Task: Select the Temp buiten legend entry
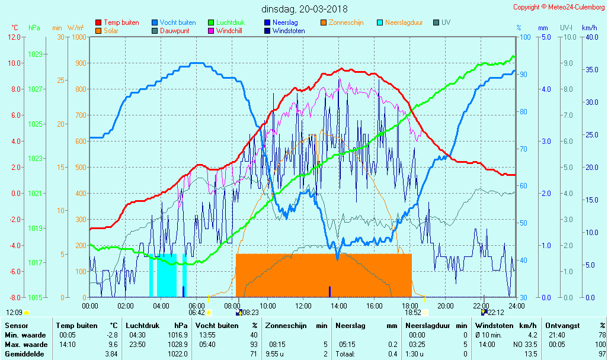tap(121, 22)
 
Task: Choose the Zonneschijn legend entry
tap(346, 22)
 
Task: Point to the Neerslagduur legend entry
tap(404, 22)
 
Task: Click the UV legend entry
tap(446, 22)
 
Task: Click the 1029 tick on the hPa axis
tap(35, 54)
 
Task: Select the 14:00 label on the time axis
tap(339, 306)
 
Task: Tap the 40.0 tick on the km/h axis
tap(590, 37)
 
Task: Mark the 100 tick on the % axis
tap(524, 37)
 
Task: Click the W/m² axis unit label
tap(75, 28)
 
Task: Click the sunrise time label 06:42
tap(197, 312)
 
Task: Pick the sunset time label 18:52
tap(412, 312)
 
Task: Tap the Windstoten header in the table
tap(492, 325)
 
